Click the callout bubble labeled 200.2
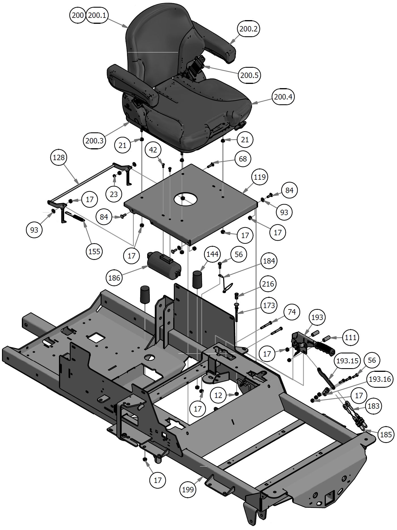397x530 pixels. (x=248, y=29)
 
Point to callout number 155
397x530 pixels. (x=94, y=251)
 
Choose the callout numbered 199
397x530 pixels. (x=188, y=489)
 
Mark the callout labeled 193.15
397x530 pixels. (x=347, y=361)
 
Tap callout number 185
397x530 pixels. (x=386, y=434)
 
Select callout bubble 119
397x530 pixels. (x=260, y=177)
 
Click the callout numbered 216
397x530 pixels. (x=268, y=284)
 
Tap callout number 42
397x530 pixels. (x=153, y=150)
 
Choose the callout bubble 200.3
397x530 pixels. (x=94, y=140)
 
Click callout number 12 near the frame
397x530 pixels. (x=218, y=395)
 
